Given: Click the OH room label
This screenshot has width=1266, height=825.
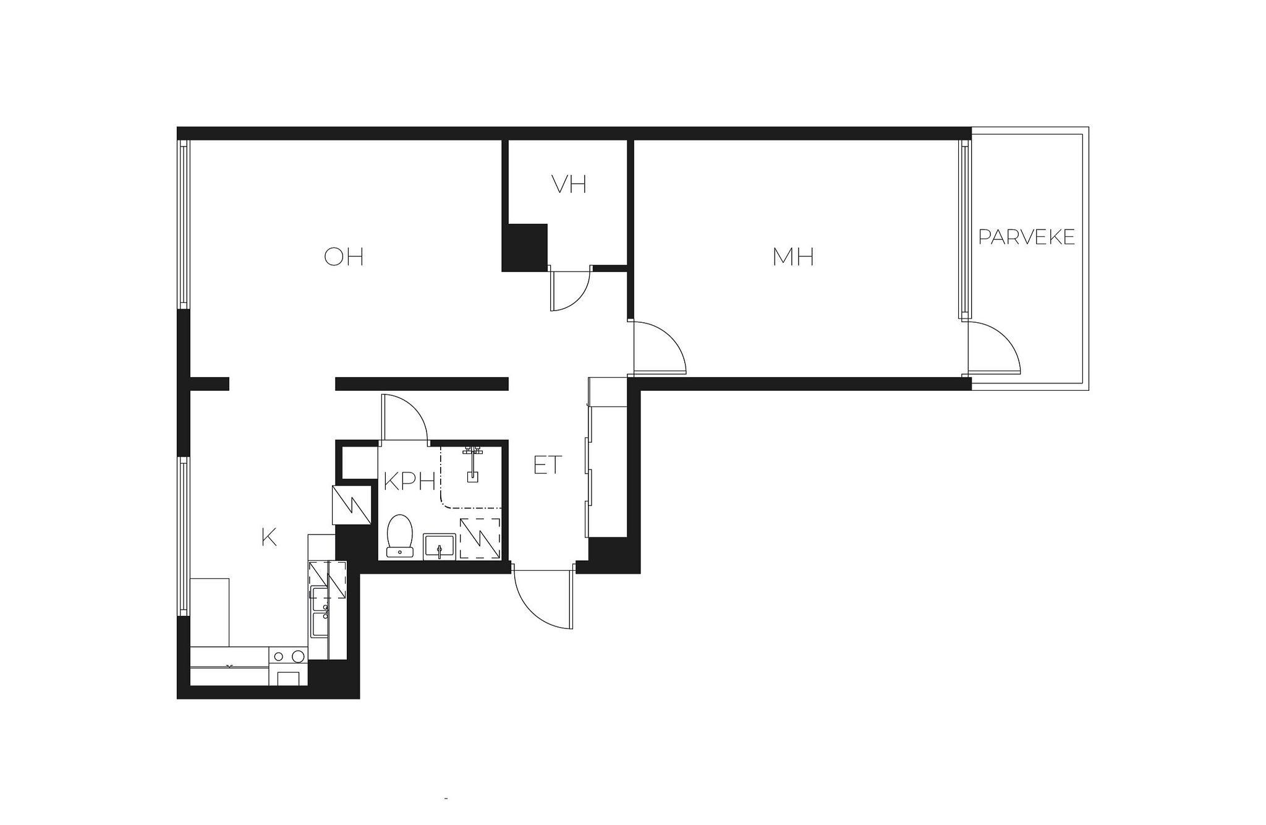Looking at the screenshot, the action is click(x=344, y=256).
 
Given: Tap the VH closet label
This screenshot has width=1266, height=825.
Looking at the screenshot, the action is click(x=569, y=184).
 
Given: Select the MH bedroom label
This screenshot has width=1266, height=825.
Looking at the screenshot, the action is click(x=793, y=257).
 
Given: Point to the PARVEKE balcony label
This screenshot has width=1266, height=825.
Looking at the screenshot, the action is click(x=1027, y=237).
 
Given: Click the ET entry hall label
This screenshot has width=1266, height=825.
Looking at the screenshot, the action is click(x=548, y=465).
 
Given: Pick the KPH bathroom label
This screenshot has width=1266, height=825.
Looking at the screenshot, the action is click(x=410, y=481).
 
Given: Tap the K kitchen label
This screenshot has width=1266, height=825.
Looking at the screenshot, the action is click(x=269, y=537).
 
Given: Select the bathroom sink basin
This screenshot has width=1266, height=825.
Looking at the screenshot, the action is click(x=440, y=547).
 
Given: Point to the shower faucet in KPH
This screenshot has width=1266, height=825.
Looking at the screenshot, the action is click(x=473, y=461).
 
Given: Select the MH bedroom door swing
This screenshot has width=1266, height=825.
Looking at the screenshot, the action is click(x=659, y=347).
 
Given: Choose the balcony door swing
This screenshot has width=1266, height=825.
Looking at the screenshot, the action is click(x=993, y=347).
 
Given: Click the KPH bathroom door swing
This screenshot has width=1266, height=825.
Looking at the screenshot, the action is click(x=406, y=418).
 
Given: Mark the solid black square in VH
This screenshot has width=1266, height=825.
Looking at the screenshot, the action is click(x=524, y=247).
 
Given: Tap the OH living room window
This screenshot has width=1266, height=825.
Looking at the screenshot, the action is click(x=183, y=224).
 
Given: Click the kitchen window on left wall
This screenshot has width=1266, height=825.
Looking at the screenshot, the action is click(x=183, y=536).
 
